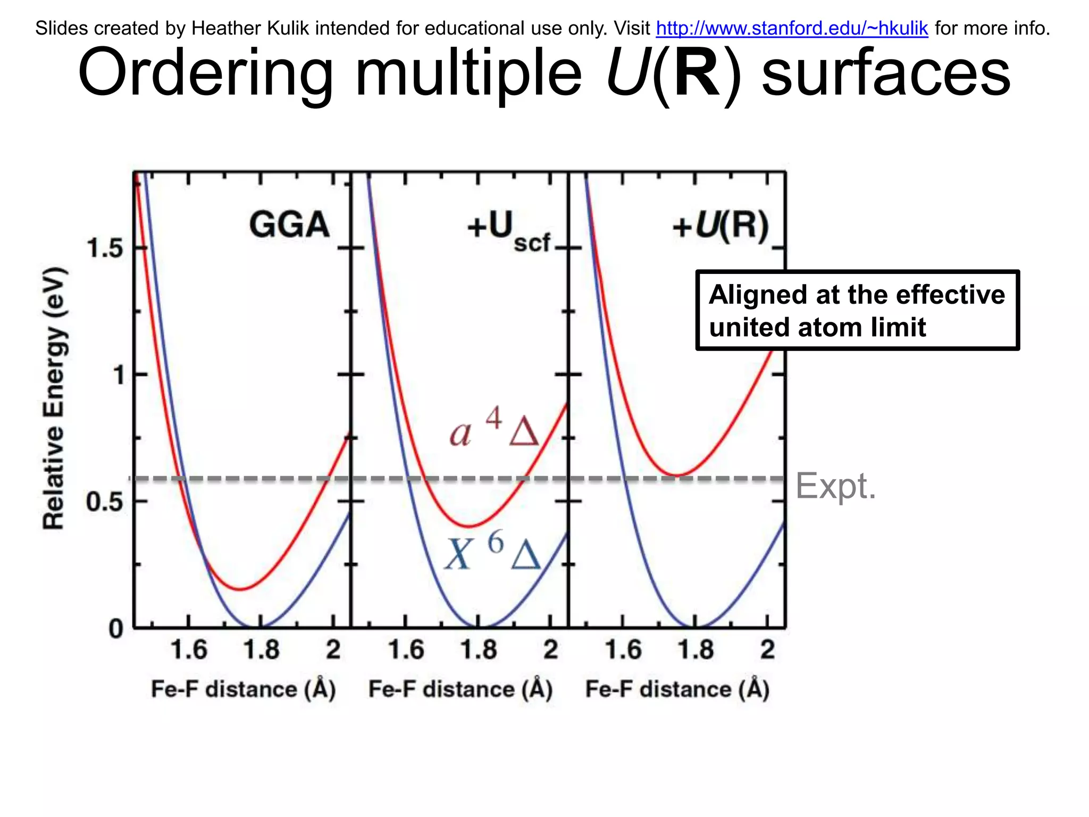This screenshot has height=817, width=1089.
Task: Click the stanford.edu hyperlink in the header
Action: click(x=792, y=28)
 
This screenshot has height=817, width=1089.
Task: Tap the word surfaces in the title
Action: click(x=886, y=73)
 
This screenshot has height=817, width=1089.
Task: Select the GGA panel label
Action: click(x=289, y=224)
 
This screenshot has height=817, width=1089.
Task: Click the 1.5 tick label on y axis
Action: click(x=104, y=248)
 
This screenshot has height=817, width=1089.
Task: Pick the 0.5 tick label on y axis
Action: click(x=104, y=502)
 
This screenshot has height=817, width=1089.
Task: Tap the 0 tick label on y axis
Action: click(x=116, y=629)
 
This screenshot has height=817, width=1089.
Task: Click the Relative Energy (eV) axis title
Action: click(x=54, y=399)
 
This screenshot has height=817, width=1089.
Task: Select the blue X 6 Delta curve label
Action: click(x=492, y=553)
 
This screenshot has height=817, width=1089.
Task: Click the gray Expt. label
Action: click(x=835, y=486)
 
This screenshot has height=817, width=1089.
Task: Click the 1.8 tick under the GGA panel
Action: click(x=261, y=650)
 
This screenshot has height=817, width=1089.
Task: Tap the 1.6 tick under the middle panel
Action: click(x=406, y=650)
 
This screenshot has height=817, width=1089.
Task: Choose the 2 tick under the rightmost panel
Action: click(x=767, y=650)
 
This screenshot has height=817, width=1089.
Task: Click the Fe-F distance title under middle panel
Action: click(x=460, y=689)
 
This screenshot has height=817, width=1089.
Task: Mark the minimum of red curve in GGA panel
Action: click(x=240, y=589)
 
